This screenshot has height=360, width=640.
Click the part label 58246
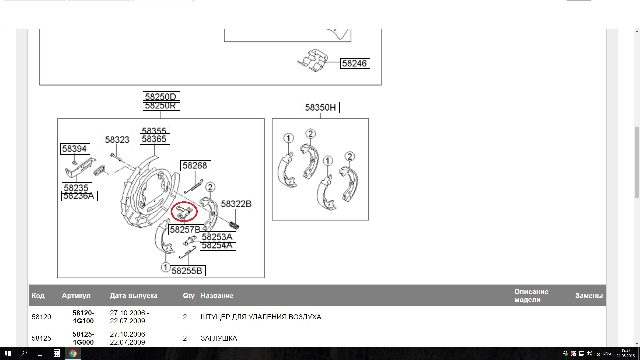point(355,63)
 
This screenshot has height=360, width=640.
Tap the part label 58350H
point(321,107)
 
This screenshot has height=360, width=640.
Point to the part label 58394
point(75,149)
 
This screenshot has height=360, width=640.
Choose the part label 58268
point(195,165)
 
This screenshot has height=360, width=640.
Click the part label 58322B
point(237,204)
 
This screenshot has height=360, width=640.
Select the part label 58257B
point(185,229)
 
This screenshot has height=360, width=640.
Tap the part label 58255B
point(187,271)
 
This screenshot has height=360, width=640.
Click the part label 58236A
point(79,196)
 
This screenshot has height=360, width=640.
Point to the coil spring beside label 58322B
point(234,225)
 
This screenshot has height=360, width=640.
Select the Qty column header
point(189,296)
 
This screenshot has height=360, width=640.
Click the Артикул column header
point(76,296)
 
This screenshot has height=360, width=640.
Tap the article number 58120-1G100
point(83,317)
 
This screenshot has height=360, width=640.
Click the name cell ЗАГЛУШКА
point(219,338)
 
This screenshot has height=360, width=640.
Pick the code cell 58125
point(41,338)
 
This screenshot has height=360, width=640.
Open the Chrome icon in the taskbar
point(73,353)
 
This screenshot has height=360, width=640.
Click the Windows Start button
point(8,353)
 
